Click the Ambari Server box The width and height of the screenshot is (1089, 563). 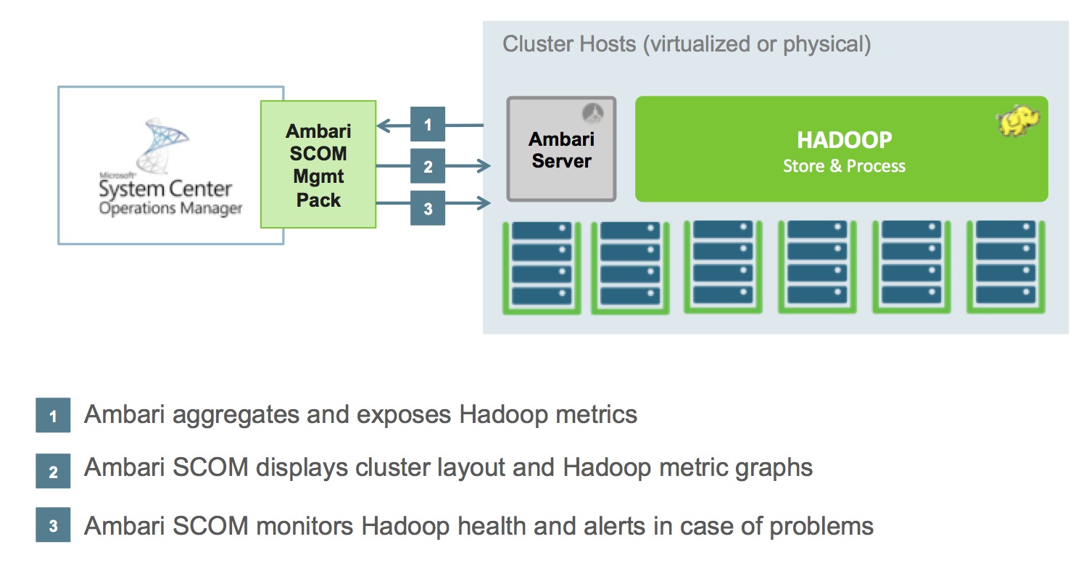[560, 149]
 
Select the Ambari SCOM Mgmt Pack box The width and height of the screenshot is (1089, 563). [318, 165]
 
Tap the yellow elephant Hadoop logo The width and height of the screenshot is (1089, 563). [1019, 121]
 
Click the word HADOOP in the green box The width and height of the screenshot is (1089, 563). [844, 140]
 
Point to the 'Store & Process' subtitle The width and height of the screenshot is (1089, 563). [844, 166]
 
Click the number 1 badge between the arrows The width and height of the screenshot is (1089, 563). [428, 125]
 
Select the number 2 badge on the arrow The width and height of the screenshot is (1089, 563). [428, 167]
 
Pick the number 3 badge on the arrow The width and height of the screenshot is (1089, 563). [428, 208]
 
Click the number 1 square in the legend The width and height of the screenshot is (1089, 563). [53, 416]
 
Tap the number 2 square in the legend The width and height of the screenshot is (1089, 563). [53, 470]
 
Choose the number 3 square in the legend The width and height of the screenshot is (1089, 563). [53, 525]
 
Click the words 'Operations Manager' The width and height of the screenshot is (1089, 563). [170, 209]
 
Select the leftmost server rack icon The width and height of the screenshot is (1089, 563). [542, 266]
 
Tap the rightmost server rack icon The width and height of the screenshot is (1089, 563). [1005, 266]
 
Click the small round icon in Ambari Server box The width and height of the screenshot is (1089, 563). [594, 111]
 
